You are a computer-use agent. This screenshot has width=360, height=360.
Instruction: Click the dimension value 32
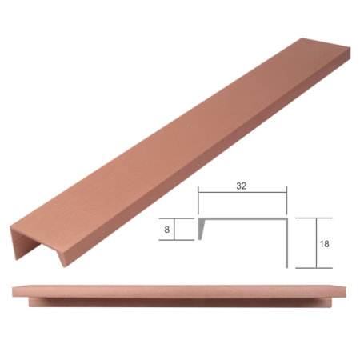[x=242, y=185]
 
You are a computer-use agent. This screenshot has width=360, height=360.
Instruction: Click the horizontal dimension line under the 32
[x=242, y=193]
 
